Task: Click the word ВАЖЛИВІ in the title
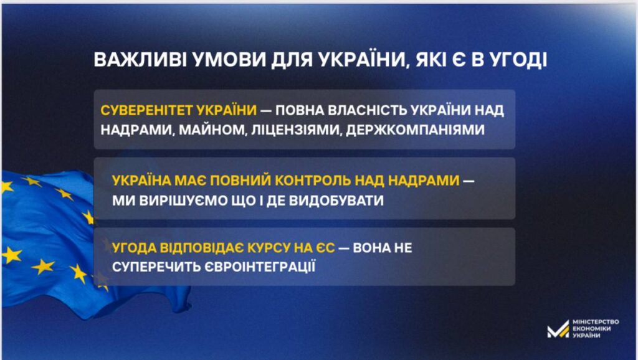[140, 59]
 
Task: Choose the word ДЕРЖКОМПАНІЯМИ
[416, 130]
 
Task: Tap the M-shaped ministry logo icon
[558, 329]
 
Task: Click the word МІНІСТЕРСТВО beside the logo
[596, 322]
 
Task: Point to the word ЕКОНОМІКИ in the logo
[592, 329]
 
